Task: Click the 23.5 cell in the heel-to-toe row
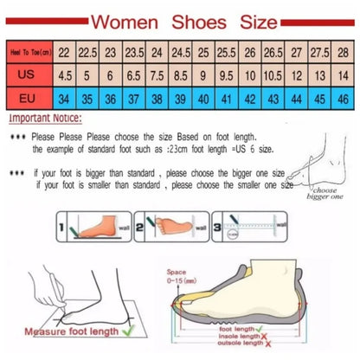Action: (x=135, y=53)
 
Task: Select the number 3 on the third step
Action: (x=217, y=222)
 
